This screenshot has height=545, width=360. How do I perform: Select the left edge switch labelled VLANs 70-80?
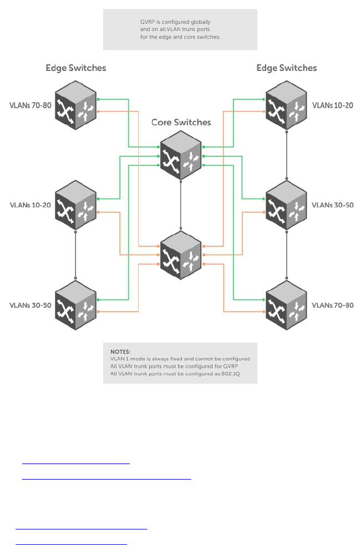[75, 105]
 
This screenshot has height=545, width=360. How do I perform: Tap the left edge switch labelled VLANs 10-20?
[75, 205]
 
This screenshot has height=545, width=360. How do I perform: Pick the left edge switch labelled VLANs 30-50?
[75, 305]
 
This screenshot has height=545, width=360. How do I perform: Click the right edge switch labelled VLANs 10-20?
[286, 105]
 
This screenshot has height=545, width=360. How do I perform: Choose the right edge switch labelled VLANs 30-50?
[286, 205]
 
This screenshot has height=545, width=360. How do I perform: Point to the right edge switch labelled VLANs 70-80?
[286, 305]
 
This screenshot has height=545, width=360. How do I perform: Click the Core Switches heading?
[181, 122]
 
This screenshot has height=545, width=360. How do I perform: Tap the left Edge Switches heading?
[75, 68]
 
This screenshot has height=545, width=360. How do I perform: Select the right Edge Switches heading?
[286, 68]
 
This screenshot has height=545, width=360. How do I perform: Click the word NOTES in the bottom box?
[120, 352]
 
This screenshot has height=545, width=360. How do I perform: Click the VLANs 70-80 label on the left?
[31, 105]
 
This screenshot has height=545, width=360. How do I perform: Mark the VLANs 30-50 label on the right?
[332, 205]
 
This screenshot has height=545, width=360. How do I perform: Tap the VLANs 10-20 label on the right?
[332, 105]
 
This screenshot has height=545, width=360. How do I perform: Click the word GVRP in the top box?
[148, 22]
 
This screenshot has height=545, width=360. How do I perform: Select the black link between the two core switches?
[181, 205]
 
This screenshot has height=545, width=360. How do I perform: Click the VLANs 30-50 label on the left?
[31, 305]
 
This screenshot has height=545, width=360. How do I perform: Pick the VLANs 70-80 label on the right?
[332, 305]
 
